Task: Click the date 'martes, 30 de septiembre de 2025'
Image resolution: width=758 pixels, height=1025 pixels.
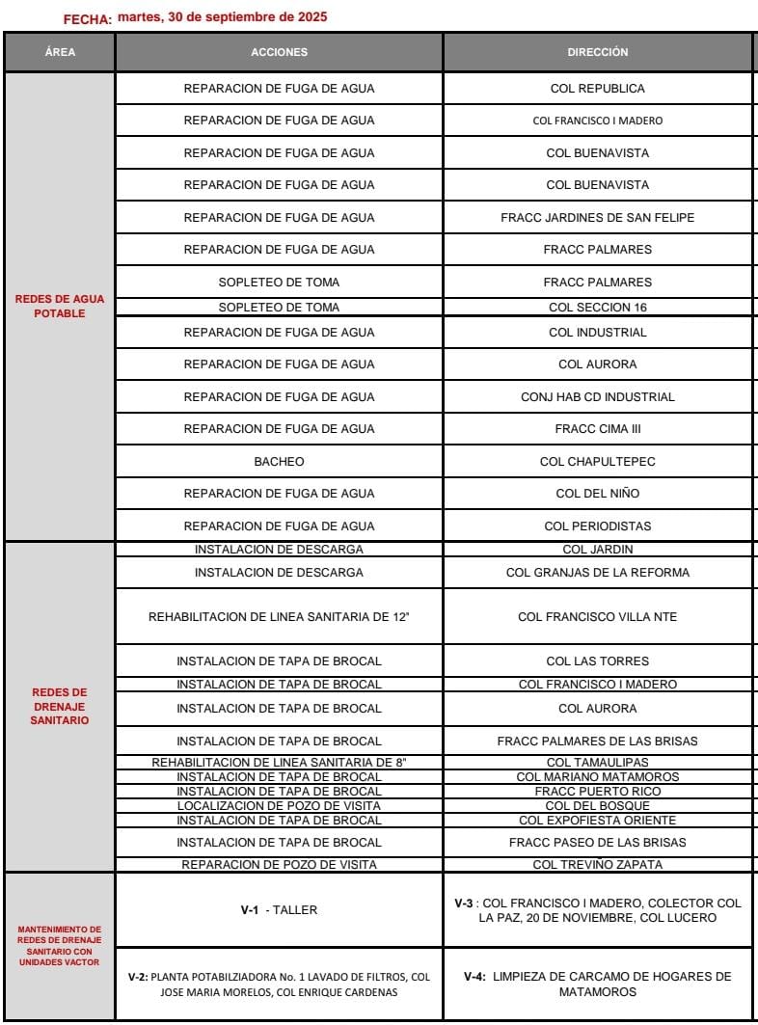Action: (221, 16)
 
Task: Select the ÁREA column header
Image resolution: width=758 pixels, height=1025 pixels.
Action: (60, 53)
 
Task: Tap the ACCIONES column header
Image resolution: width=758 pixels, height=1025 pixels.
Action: (279, 53)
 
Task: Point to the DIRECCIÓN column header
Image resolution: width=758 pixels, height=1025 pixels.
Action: (597, 53)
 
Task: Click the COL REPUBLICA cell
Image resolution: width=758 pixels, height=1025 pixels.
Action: (597, 89)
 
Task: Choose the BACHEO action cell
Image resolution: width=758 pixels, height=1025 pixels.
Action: (279, 462)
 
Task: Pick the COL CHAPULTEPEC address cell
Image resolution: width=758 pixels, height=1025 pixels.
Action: (597, 462)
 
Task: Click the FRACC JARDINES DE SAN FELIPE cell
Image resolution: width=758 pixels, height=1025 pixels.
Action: (597, 218)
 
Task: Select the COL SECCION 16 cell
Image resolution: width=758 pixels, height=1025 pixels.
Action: (597, 308)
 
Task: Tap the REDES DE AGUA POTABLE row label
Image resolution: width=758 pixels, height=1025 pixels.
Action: (60, 307)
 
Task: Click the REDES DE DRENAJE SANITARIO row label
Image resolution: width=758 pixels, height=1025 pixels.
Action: (60, 706)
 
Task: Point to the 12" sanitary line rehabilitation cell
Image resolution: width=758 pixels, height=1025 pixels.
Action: (279, 616)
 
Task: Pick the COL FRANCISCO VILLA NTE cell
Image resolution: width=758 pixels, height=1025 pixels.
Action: (597, 616)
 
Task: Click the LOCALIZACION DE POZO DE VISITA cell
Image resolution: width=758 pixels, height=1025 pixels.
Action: (279, 806)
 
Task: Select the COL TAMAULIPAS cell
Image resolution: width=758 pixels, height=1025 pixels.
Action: (597, 763)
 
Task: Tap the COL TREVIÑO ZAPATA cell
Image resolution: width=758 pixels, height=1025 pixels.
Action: (597, 865)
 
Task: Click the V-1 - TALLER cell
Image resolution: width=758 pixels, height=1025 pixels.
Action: (279, 909)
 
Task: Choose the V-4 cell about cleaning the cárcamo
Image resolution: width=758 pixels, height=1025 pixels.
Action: (597, 984)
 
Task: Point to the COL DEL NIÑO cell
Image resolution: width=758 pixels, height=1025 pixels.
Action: (597, 494)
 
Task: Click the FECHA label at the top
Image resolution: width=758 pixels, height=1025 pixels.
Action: (88, 19)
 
